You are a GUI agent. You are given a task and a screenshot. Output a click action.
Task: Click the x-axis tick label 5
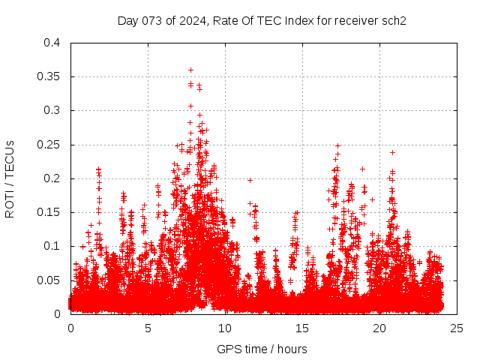click(148, 328)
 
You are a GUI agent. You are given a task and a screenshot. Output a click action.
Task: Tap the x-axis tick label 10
click(225, 328)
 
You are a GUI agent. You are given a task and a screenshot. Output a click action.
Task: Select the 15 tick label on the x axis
click(302, 328)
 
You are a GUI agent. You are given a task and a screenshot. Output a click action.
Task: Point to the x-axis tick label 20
click(379, 328)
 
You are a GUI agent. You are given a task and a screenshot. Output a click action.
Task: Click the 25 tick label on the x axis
click(457, 328)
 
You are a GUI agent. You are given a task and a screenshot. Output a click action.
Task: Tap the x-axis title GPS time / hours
click(262, 349)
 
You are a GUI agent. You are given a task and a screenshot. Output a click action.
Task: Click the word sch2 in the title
click(394, 20)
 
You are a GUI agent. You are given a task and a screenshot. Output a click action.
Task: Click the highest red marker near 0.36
click(190, 70)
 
